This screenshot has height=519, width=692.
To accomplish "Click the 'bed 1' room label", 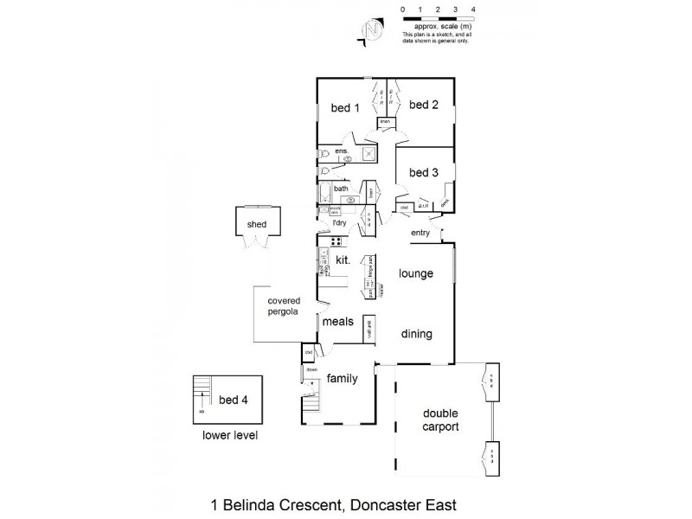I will click(x=345, y=108).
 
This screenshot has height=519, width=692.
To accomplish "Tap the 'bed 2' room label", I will click(x=424, y=105).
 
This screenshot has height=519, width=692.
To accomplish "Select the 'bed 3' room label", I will click(x=424, y=173).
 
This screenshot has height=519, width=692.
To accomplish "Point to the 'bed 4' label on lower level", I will click(x=233, y=400).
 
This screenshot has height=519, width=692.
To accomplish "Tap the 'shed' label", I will click(x=257, y=224).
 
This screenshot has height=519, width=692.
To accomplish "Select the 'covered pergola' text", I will click(x=284, y=306).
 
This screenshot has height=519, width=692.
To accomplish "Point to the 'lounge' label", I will click(x=415, y=273).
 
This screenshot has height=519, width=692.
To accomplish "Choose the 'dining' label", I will click(x=415, y=334).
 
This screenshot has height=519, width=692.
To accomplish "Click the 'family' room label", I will click(x=343, y=378).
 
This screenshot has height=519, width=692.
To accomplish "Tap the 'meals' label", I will click(x=338, y=321).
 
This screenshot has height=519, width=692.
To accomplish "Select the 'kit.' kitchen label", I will click(x=342, y=259).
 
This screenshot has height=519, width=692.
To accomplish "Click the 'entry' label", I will click(x=420, y=233).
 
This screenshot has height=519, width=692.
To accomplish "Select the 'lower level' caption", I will click(x=229, y=435).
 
